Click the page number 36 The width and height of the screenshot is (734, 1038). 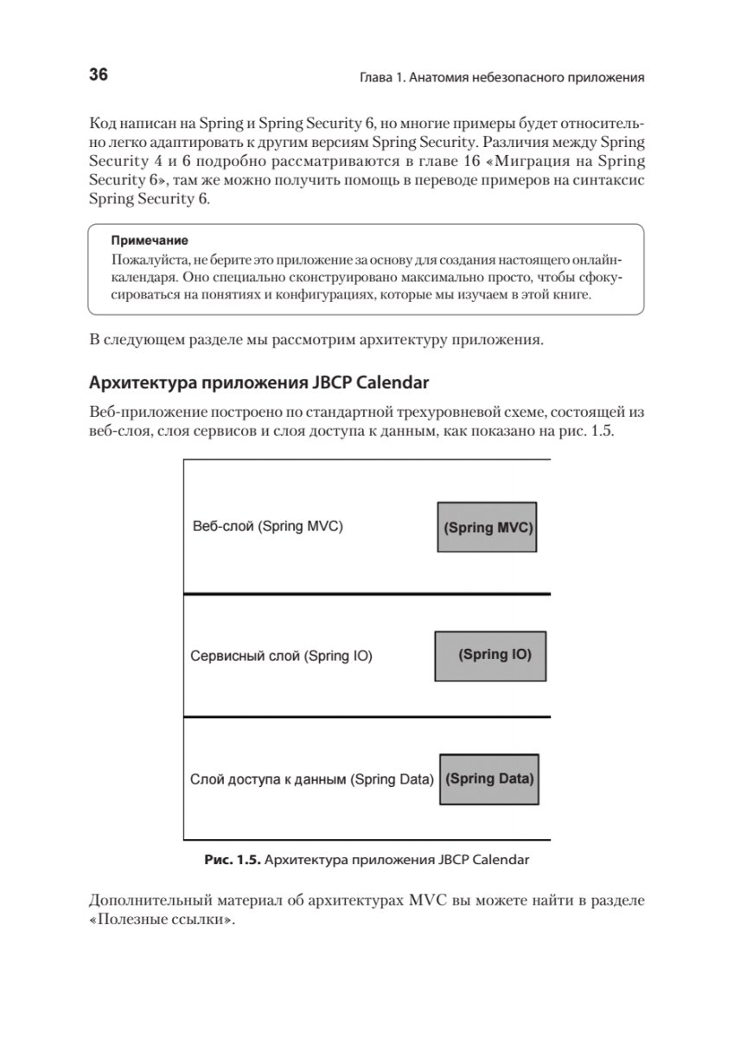pyautogui.click(x=99, y=75)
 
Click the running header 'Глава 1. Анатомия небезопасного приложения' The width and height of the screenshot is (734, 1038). pyautogui.click(x=501, y=78)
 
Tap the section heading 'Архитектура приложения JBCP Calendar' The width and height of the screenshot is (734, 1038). pyautogui.click(x=259, y=381)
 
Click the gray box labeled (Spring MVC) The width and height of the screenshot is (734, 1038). pyautogui.click(x=488, y=526)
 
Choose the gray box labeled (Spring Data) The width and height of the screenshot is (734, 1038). pyautogui.click(x=489, y=778)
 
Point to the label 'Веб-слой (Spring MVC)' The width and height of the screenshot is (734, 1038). pyautogui.click(x=267, y=526)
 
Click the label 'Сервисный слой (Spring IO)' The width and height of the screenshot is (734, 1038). pyautogui.click(x=281, y=656)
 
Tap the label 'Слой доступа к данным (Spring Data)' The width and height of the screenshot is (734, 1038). pyautogui.click(x=310, y=778)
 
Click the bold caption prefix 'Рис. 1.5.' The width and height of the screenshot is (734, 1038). pyautogui.click(x=231, y=861)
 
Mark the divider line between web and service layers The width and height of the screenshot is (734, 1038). pyautogui.click(x=367, y=593)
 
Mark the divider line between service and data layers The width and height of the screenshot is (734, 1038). pyautogui.click(x=367, y=717)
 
